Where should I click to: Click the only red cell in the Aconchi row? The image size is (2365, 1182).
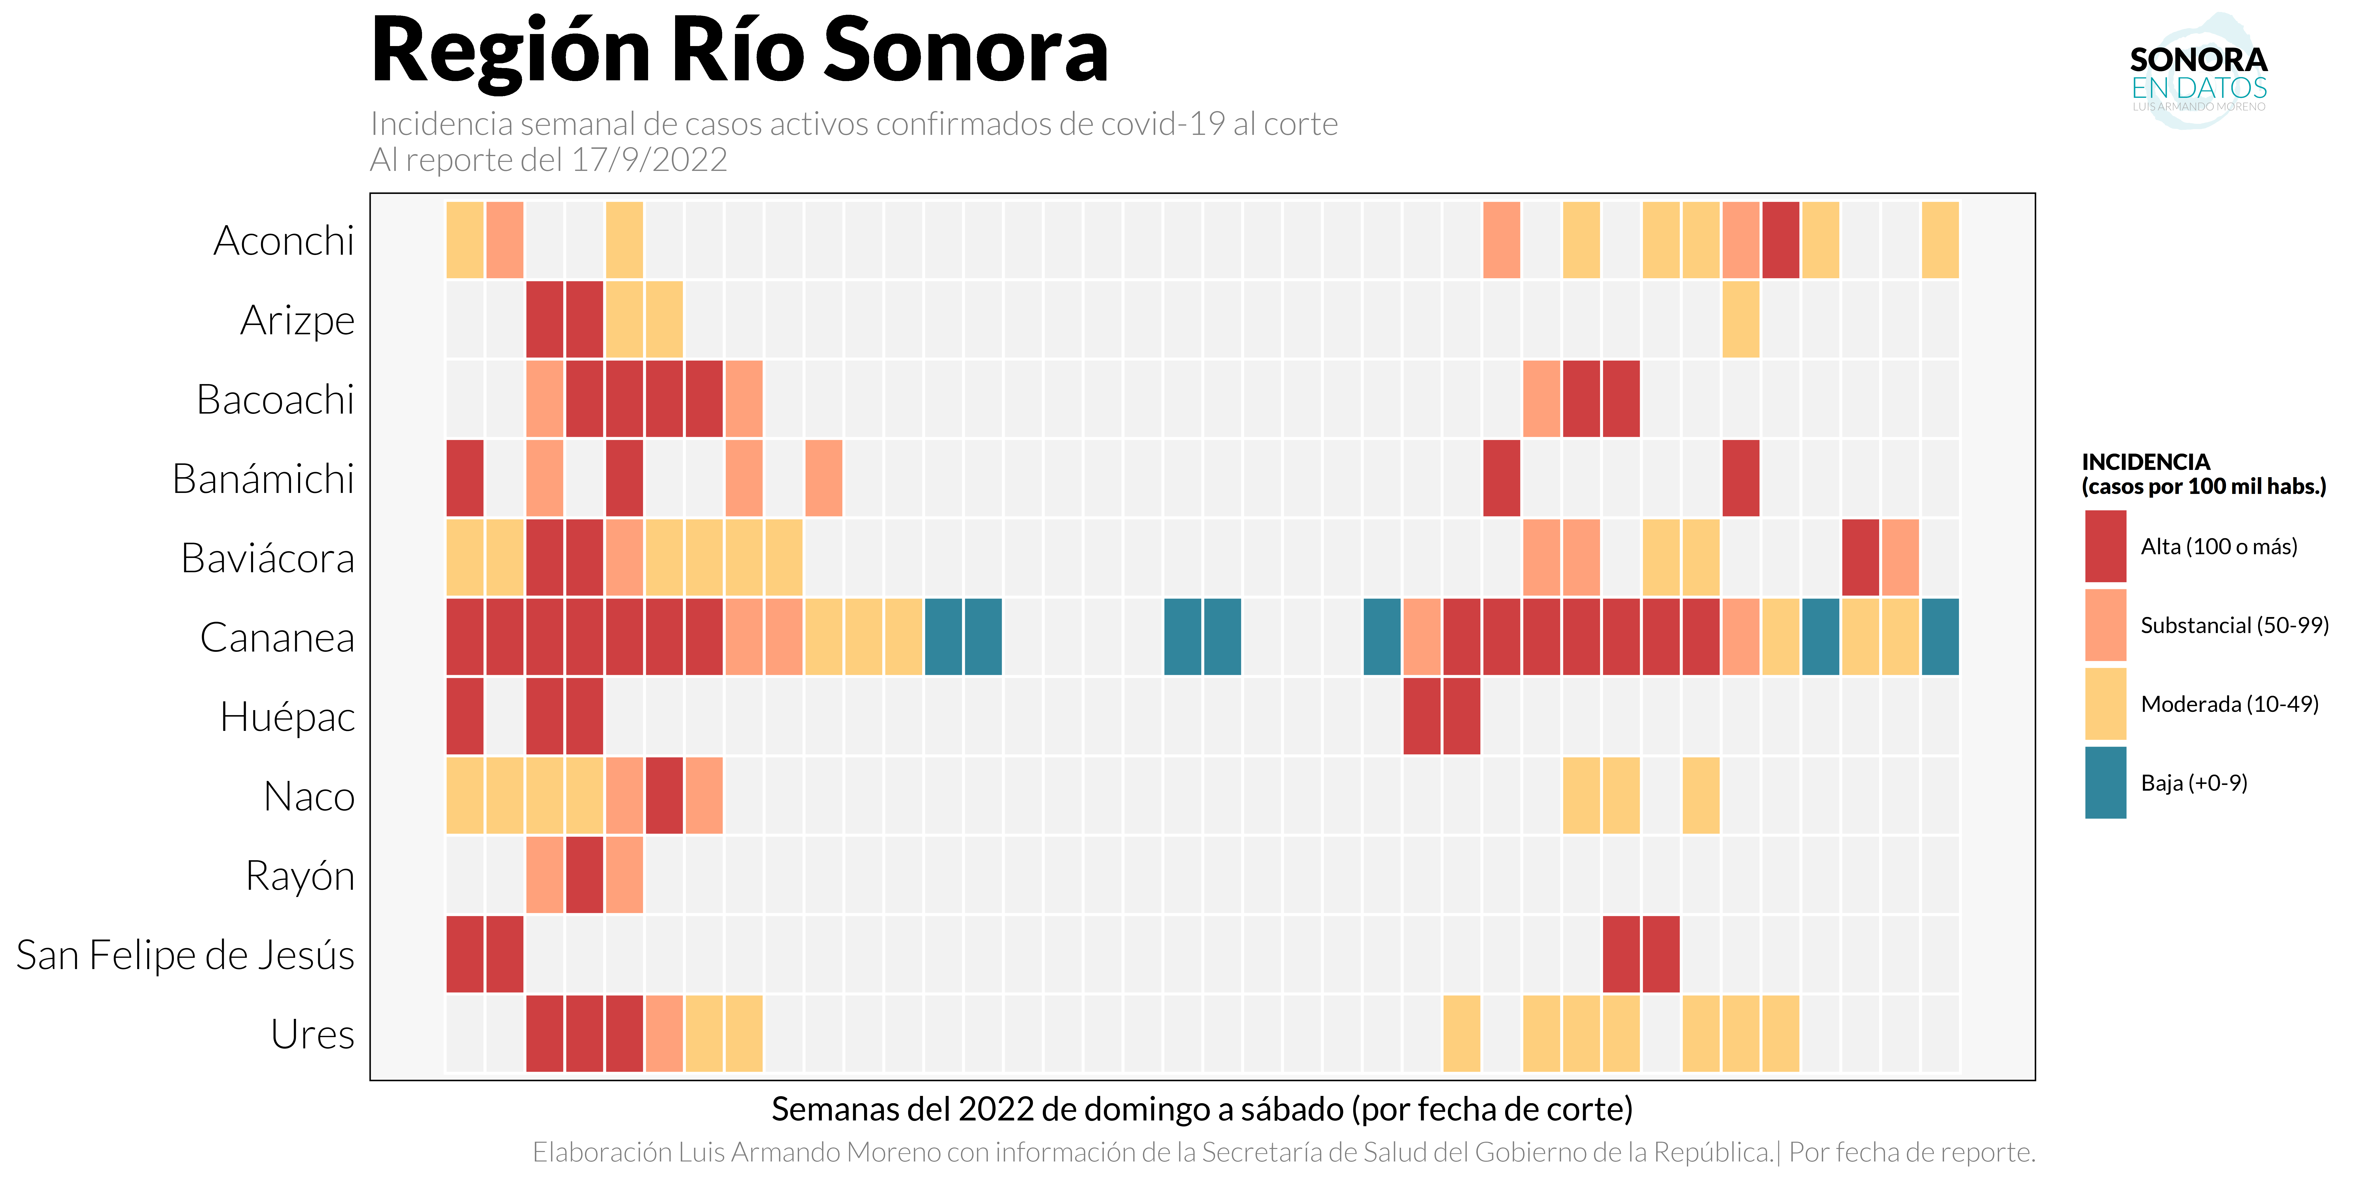coord(1780,240)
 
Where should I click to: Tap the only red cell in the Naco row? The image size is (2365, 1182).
coord(664,796)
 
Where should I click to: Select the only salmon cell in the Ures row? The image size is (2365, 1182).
coord(664,1034)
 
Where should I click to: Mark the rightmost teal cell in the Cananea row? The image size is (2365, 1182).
coord(1940,637)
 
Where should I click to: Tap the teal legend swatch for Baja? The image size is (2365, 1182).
coord(2105,783)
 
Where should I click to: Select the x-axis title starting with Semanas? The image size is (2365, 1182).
coord(1202,1109)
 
